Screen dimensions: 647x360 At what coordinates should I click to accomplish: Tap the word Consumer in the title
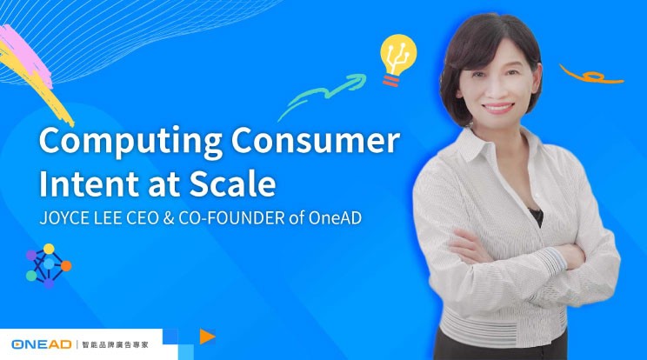click(316, 140)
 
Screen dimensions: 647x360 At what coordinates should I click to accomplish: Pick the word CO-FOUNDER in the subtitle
click(231, 218)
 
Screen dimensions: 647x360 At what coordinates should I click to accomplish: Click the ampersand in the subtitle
click(169, 218)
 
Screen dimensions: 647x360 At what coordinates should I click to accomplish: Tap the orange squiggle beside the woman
click(591, 75)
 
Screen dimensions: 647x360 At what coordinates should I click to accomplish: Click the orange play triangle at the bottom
click(207, 337)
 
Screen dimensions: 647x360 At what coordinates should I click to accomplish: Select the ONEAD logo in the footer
click(42, 344)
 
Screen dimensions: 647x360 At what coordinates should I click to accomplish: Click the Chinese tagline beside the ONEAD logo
click(116, 344)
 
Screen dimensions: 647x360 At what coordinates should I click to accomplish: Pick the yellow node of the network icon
click(49, 249)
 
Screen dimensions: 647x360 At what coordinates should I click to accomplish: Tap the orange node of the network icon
click(66, 266)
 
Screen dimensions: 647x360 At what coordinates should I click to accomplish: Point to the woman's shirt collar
click(495, 143)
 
